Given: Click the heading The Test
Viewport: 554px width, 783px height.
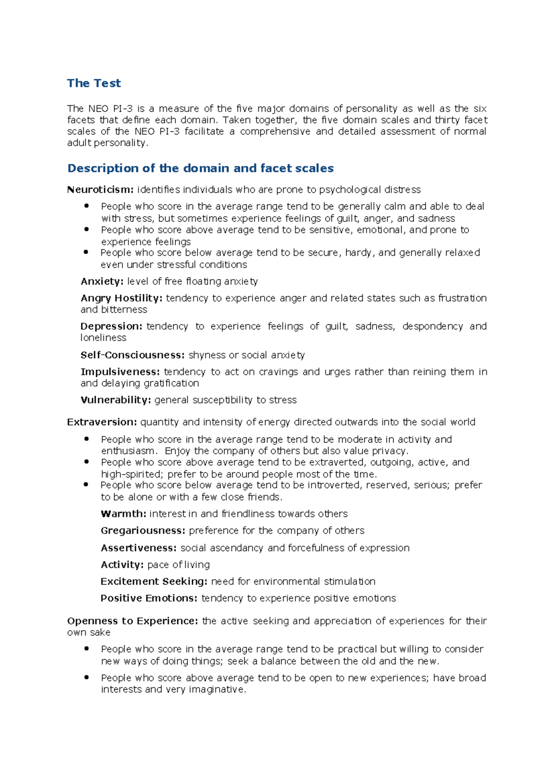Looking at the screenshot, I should coord(94,83).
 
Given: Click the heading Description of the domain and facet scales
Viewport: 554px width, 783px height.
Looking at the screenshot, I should coord(200,168).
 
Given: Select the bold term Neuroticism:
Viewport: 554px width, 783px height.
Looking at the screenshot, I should coord(100,190).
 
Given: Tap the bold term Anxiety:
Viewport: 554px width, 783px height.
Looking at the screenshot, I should coord(102,281).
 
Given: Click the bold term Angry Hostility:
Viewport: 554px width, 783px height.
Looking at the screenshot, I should coord(121,298).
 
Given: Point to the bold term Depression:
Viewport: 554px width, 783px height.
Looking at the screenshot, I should coord(111,326).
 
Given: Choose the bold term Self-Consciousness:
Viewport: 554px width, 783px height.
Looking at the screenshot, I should coord(132,355).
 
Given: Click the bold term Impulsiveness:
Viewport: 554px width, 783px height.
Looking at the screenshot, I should coord(120,372).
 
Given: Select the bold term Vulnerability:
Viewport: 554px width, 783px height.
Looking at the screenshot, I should coord(116,400).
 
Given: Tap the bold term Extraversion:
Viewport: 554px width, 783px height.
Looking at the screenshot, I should coord(102,422).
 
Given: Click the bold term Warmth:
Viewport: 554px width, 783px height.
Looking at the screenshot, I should coord(123,514).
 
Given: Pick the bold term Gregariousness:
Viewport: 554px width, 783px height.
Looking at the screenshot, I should coord(143,530).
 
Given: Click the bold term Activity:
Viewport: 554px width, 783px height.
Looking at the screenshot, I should coord(122,564).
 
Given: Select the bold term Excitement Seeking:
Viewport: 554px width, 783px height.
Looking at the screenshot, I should coord(154,581).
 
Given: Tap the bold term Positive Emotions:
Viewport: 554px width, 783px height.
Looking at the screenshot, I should coord(149,598).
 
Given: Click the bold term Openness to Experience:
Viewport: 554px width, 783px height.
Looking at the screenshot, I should coord(132,621).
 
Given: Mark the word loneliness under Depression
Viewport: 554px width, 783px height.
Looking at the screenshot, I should coord(103,338).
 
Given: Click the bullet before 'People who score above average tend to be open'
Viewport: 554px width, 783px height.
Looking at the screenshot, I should coord(86,677).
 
